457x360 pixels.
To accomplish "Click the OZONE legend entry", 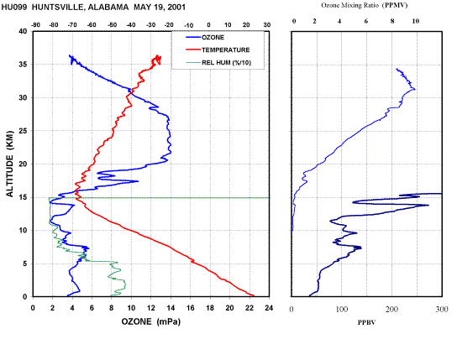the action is tap(213, 38).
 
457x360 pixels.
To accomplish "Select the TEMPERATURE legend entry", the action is tap(226, 50).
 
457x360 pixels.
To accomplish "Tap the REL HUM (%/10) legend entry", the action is tap(226, 63).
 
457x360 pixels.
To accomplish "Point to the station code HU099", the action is tap(14, 8).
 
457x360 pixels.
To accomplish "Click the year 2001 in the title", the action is tap(176, 8).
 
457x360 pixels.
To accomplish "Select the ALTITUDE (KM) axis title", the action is tap(9, 164).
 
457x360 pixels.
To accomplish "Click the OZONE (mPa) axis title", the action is tap(151, 321).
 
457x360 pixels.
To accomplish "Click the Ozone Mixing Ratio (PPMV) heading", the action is tap(365, 5).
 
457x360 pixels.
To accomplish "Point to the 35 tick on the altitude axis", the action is tap(24, 65).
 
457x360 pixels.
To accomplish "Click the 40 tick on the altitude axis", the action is tap(24, 31).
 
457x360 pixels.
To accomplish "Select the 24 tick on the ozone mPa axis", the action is tap(269, 308).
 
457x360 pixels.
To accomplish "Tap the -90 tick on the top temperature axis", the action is tap(35, 25).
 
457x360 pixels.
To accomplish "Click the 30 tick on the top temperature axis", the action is tap(267, 25).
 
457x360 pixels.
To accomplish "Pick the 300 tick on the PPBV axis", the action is tap(442, 309).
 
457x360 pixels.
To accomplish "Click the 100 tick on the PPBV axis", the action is tap(342, 309).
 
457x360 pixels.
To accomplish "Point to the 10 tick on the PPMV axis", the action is tap(416, 21).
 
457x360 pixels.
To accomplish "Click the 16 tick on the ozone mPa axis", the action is tap(191, 308).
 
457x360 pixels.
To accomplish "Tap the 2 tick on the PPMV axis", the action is tap(314, 21).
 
